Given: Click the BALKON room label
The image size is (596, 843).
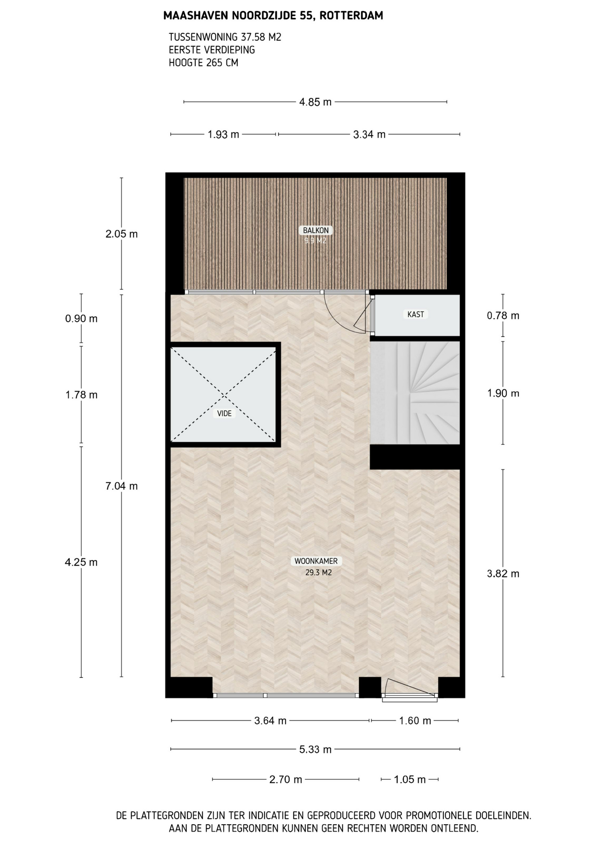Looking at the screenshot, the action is click(316, 230).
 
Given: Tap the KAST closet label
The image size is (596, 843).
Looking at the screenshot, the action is click(416, 314).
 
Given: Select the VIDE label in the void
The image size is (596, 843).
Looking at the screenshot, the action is click(224, 413).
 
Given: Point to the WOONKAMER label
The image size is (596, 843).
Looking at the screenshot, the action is click(316, 561).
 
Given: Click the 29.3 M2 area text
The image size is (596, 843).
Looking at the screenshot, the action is click(318, 573).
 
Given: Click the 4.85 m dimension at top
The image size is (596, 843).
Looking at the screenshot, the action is click(315, 102).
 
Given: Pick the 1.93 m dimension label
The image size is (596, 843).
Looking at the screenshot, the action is click(223, 134).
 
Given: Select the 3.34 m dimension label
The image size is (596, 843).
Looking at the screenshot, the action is click(369, 134).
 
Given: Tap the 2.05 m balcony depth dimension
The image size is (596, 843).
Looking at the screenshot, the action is click(122, 234).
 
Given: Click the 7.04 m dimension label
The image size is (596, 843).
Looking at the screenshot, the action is click(122, 486).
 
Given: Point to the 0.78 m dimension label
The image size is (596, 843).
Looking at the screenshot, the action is click(503, 316).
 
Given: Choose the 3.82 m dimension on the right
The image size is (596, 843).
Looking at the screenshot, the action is click(503, 574).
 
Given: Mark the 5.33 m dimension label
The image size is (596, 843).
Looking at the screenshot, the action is click(315, 749).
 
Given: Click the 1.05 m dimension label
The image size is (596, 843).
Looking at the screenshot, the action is click(409, 779).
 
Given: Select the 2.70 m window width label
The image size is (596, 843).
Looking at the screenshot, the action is click(286, 779).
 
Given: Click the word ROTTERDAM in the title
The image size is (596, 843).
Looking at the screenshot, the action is click(351, 16).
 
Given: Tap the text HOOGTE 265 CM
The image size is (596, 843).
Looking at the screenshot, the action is click(204, 63).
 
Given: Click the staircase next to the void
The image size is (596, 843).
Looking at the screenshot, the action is click(415, 393).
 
